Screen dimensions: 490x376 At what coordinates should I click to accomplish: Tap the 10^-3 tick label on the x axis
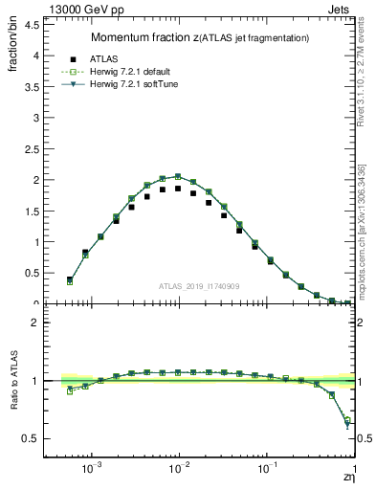pos(92,468)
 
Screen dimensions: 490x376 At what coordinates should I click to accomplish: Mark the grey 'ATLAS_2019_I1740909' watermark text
pos(198,286)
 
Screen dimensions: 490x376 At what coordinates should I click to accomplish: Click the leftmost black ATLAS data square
pos(70,279)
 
